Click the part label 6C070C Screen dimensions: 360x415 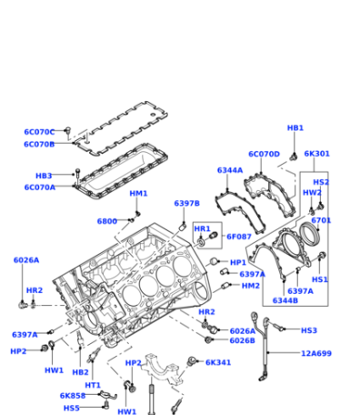[39, 132]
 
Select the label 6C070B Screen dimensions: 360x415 [39, 145]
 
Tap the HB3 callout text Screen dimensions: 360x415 [44, 176]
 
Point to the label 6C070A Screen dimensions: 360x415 [40, 187]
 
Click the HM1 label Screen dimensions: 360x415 [138, 194]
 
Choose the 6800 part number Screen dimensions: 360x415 [107, 221]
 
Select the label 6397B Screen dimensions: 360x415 [187, 203]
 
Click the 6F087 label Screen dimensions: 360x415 [239, 237]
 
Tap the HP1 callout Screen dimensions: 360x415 [238, 262]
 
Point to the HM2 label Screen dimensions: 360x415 [251, 286]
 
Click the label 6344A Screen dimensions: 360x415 [230, 170]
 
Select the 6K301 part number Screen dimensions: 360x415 [316, 154]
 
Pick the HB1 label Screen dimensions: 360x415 [295, 128]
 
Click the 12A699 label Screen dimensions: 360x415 [316, 353]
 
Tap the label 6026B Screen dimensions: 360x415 [243, 340]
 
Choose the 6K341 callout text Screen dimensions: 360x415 [218, 362]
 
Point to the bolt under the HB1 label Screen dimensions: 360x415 [294, 157]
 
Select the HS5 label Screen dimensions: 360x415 [72, 409]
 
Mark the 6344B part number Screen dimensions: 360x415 [285, 300]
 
